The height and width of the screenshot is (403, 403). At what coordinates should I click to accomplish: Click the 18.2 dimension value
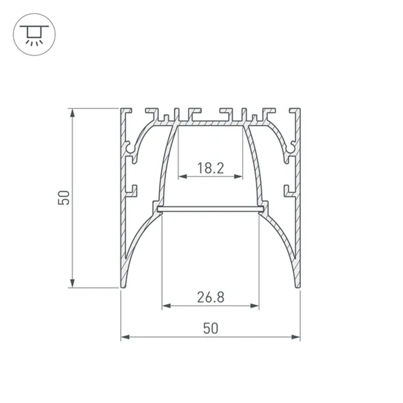point(210,168)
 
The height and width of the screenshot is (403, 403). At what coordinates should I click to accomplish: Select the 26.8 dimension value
point(210,297)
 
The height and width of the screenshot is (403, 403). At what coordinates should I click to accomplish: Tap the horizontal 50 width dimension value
point(210,328)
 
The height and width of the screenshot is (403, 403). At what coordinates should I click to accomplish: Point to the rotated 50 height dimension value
point(64,198)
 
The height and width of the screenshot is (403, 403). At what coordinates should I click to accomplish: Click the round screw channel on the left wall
point(130,149)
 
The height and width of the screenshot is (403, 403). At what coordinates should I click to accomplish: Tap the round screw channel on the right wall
point(291,149)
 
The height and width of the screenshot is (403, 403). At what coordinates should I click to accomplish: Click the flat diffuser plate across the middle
point(210,209)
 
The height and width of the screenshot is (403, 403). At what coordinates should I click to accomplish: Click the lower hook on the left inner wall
point(133,190)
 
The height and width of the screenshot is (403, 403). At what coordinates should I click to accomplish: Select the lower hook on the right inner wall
point(288,190)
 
